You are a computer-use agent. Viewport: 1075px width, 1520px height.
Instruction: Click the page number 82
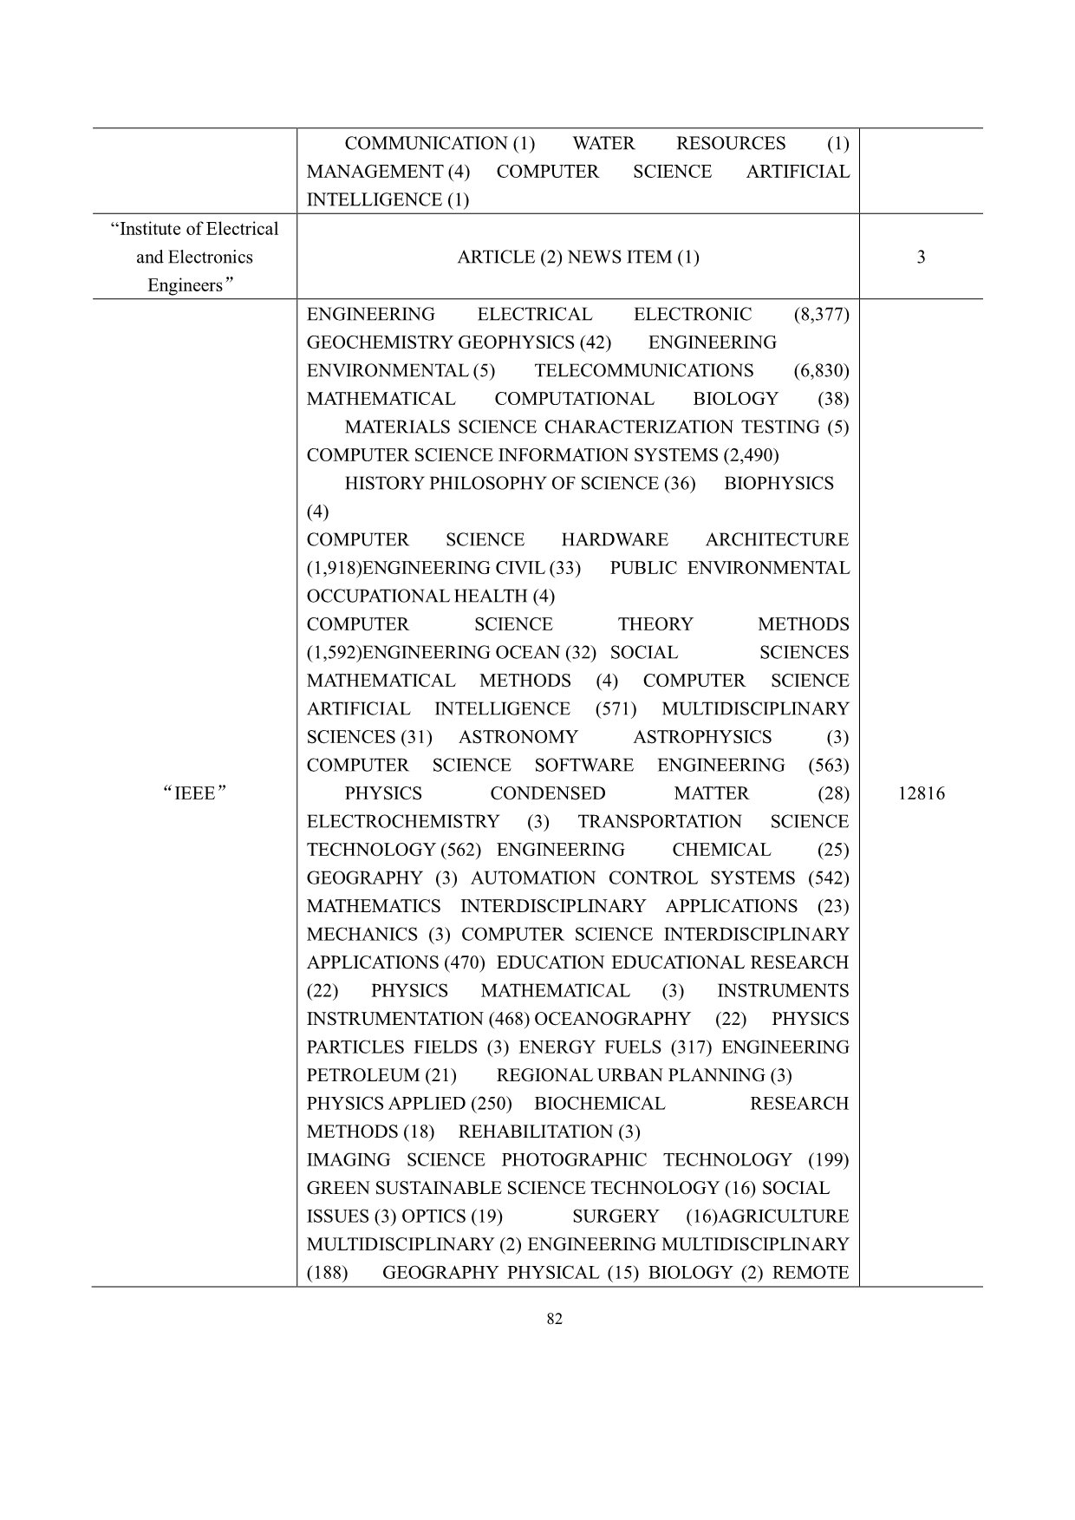(556, 1319)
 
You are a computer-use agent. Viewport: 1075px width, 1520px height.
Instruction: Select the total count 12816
(921, 793)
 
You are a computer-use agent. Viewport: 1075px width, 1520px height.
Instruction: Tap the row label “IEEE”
(194, 793)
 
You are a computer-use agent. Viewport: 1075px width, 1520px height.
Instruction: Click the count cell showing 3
(921, 257)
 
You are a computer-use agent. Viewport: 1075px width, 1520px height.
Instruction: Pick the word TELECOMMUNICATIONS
(644, 370)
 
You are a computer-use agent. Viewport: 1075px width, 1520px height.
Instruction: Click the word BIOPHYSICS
(779, 483)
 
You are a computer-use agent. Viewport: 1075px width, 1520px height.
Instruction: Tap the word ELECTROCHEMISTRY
(403, 821)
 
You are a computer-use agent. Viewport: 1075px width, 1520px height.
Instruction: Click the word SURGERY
(616, 1216)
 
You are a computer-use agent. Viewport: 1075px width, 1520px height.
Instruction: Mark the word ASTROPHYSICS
(701, 737)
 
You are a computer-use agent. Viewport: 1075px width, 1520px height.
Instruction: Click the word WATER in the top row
(603, 143)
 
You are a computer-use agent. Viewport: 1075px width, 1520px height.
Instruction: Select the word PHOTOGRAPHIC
(573, 1159)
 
